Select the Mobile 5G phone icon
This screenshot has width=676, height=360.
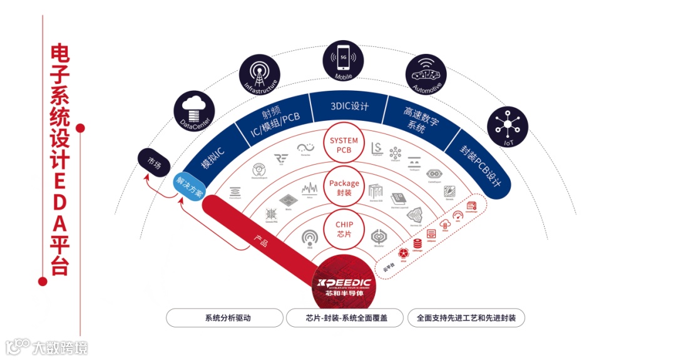click(x=343, y=60)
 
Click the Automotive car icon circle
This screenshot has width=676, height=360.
click(x=427, y=73)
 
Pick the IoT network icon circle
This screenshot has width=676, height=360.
click(x=507, y=129)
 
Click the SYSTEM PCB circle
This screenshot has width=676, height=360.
click(x=344, y=146)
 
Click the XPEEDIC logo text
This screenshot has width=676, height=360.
click(x=344, y=284)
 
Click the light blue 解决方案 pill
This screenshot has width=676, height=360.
click(x=189, y=186)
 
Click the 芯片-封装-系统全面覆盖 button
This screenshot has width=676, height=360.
click(x=346, y=317)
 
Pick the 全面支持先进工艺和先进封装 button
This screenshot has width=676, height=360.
click(x=466, y=317)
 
